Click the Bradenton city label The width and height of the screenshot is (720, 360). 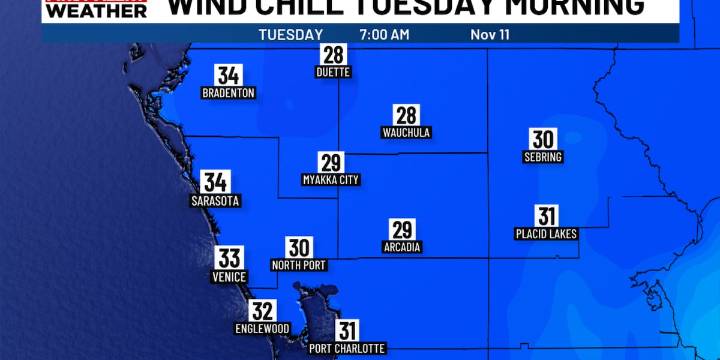click(228, 93)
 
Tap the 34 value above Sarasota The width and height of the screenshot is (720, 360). click(215, 182)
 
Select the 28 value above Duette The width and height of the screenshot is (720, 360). click(331, 54)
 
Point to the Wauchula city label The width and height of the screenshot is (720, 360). click(406, 132)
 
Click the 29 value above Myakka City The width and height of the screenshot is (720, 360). click(331, 162)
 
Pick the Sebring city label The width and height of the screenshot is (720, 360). click(543, 157)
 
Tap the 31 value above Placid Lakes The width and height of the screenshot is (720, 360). click(546, 216)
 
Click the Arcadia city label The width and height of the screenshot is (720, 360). click(402, 247)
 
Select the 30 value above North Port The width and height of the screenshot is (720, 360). click(299, 248)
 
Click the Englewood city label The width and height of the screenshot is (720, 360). click(263, 328)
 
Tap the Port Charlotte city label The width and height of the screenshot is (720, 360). click(347, 348)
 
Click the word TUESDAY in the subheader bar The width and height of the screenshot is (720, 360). click(290, 34)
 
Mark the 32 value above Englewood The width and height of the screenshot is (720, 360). click(263, 310)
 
